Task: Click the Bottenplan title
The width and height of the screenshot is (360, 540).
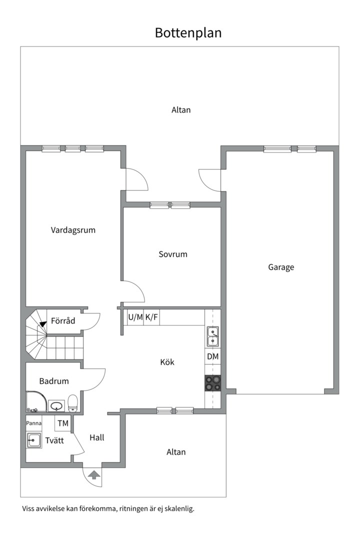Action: [x=188, y=33]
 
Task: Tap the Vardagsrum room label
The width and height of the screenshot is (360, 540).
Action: [x=73, y=230]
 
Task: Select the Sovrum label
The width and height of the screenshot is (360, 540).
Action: [x=173, y=254]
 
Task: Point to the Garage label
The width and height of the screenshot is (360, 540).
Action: [x=281, y=267]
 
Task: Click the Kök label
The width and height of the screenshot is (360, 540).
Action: [x=167, y=362]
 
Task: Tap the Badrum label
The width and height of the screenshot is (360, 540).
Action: [x=54, y=381]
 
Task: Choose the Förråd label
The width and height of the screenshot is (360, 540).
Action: [x=63, y=320]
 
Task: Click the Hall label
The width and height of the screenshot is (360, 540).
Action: [x=97, y=437]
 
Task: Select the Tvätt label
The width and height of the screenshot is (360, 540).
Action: [x=54, y=440]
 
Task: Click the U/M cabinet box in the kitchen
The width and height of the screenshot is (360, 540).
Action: [x=135, y=317]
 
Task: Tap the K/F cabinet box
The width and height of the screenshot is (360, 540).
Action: [x=151, y=317]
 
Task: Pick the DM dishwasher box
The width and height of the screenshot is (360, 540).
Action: [x=213, y=357]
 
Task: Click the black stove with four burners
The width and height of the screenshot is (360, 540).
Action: [x=213, y=383]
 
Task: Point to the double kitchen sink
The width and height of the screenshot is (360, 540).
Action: [x=213, y=336]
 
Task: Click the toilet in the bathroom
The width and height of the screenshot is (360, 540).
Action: [x=72, y=403]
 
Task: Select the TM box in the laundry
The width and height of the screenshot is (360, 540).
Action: [x=62, y=423]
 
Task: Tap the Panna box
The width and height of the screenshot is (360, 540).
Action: [x=34, y=423]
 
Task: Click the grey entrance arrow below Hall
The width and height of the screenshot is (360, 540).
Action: [x=94, y=475]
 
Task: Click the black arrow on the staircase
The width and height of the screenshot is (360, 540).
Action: [x=43, y=324]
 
